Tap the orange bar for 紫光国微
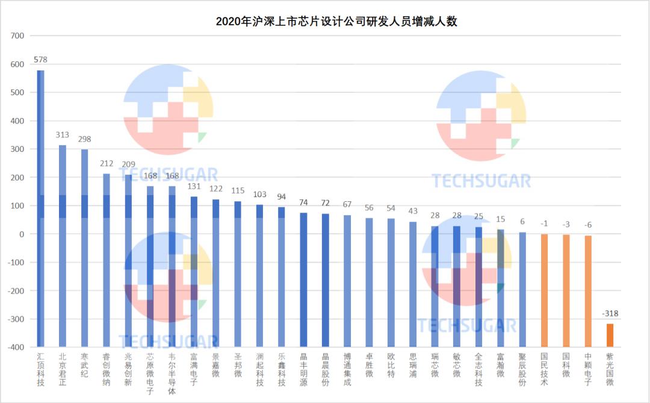(610, 336)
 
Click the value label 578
(40, 60)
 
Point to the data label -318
(610, 314)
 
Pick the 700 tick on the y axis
(18, 36)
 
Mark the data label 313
(63, 135)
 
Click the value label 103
(259, 195)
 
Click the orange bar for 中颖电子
(588, 289)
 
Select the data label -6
(588, 225)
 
